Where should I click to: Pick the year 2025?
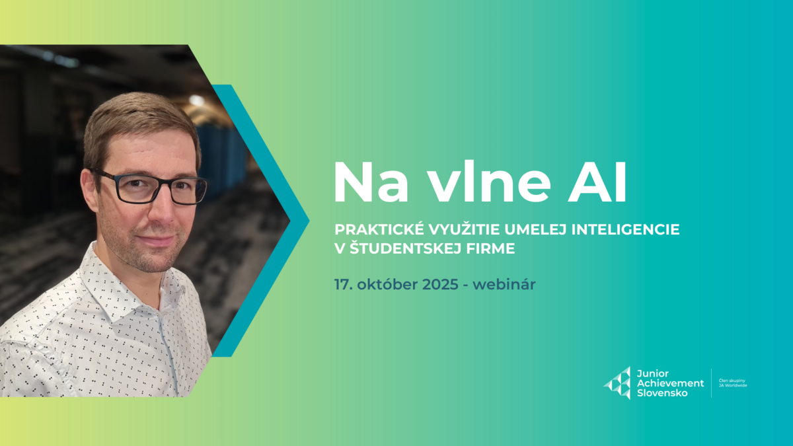tap(434, 286)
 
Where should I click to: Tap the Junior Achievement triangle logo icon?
tap(617, 383)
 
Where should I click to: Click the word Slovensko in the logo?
tap(661, 393)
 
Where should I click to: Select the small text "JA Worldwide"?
tap(732, 385)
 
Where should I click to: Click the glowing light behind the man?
tap(196, 100)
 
